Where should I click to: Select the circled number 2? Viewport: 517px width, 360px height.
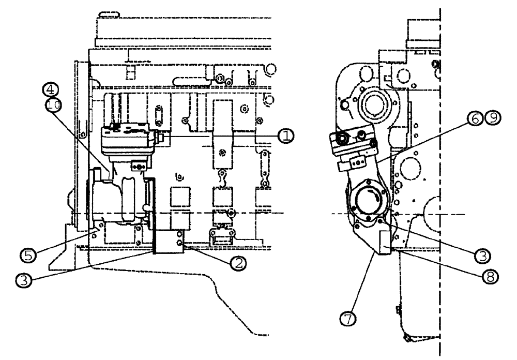point(238,263)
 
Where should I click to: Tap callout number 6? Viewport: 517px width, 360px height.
point(475,118)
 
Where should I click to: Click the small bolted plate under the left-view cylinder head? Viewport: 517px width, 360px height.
point(138,166)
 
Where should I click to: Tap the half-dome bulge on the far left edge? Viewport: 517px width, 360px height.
point(71,204)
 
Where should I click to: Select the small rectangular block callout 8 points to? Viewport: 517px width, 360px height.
point(386,242)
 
